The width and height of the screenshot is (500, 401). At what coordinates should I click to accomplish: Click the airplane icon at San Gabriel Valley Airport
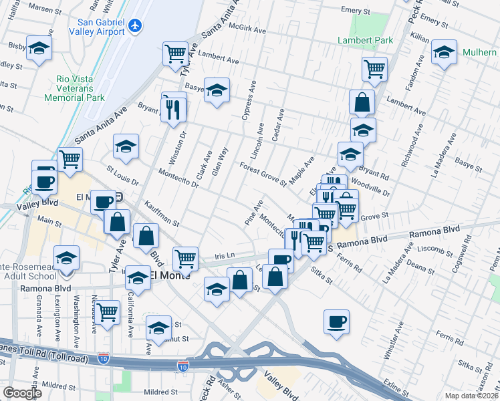(136, 25)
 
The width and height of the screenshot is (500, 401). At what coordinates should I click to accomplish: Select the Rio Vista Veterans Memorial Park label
(75, 88)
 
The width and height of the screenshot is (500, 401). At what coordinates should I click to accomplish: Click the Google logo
(22, 393)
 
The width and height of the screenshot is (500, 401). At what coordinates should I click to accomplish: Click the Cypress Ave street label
(249, 100)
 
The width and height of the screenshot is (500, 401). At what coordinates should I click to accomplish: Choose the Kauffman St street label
(161, 213)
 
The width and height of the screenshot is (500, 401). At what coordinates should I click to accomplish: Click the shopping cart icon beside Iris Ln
(185, 257)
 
